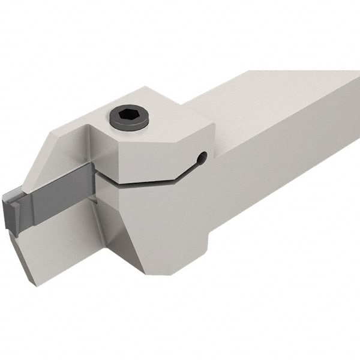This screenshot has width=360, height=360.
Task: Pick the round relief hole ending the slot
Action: click(x=202, y=158)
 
